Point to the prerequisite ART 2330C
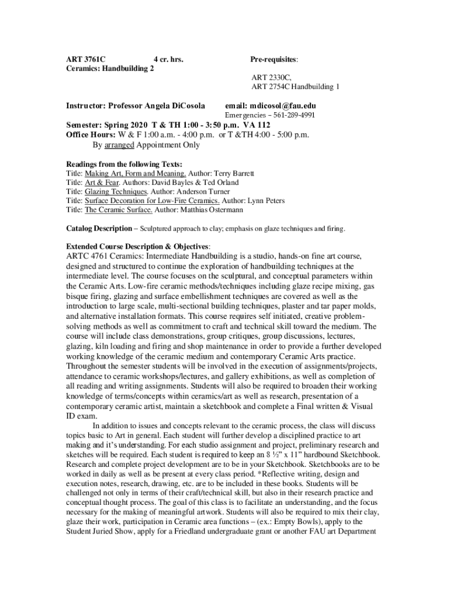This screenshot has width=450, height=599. tap(271, 77)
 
